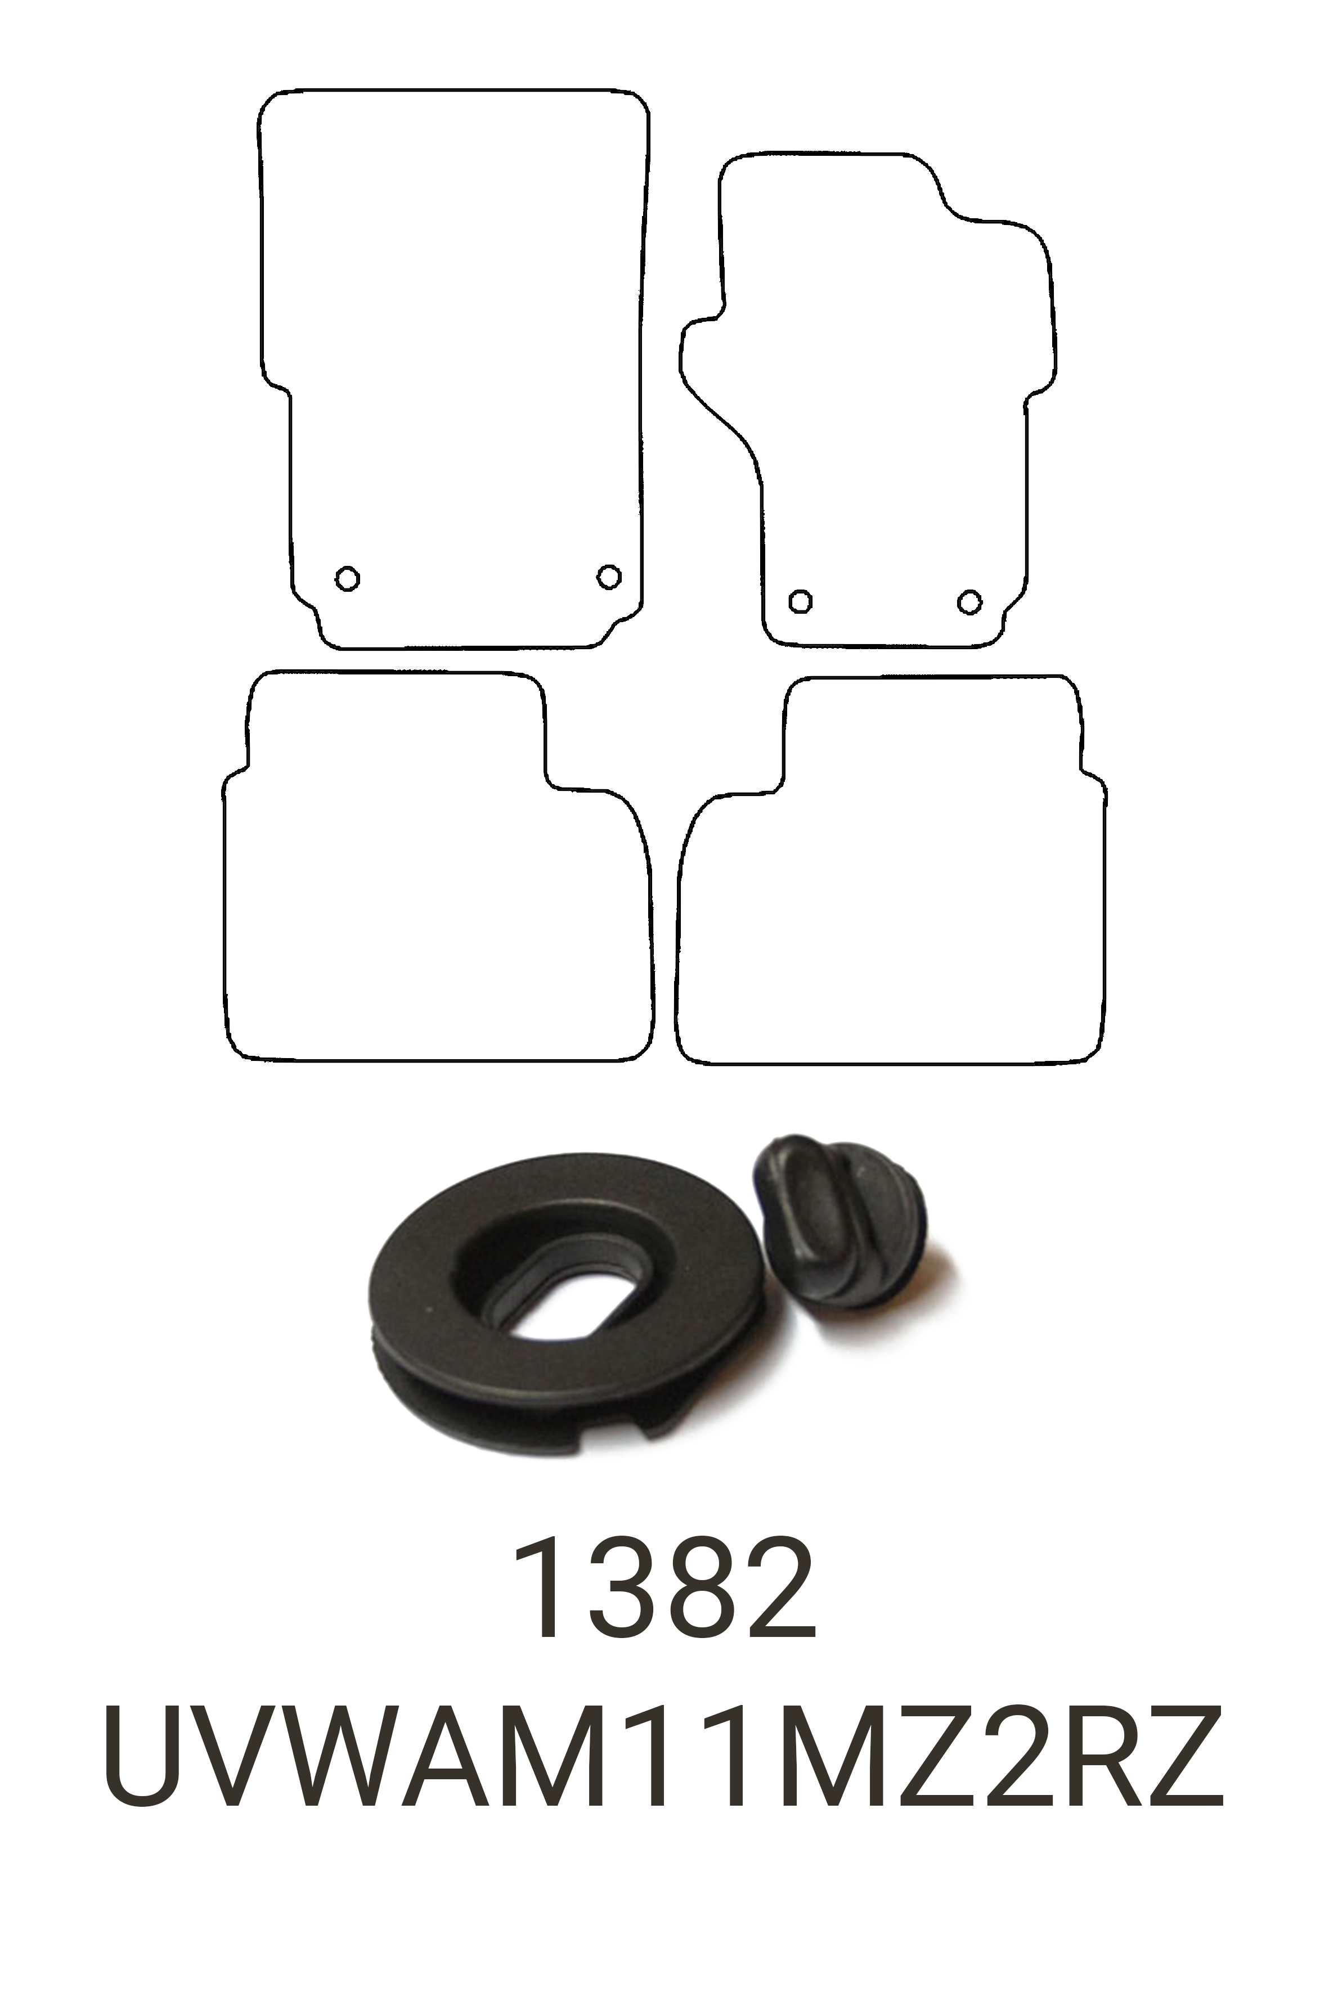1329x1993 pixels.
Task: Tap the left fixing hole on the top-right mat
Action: (800, 601)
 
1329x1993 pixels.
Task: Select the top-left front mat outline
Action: (454, 339)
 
